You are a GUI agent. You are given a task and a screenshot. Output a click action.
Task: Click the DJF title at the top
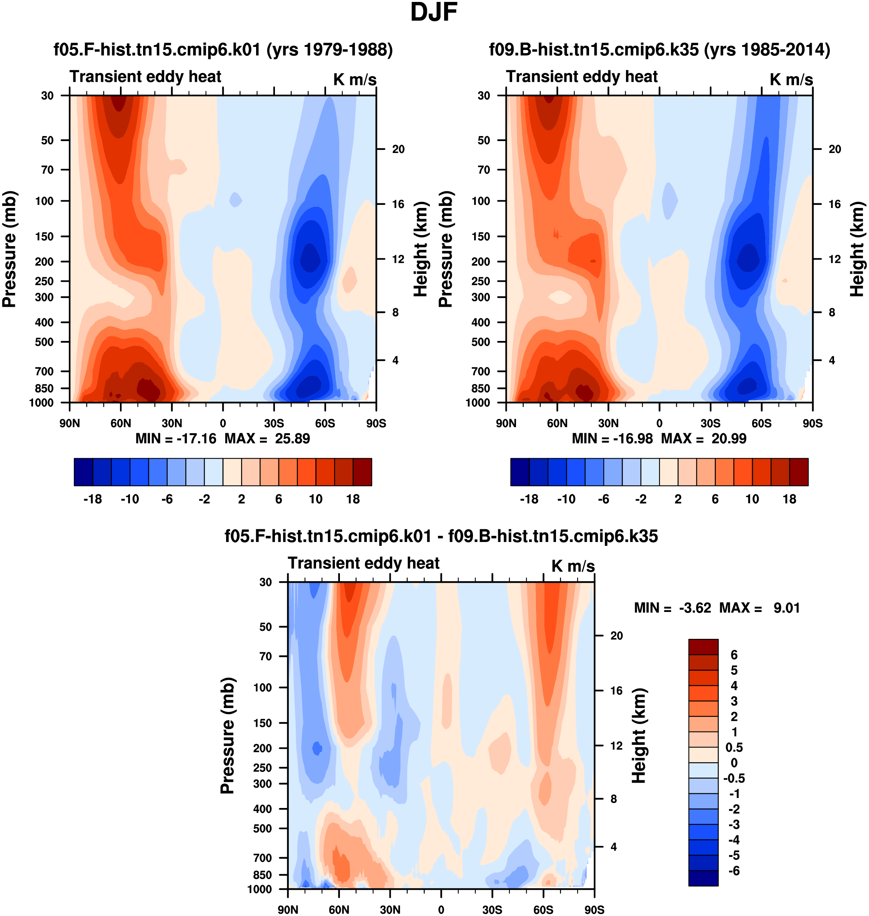click(434, 13)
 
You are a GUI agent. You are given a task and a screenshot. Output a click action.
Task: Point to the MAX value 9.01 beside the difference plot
click(787, 608)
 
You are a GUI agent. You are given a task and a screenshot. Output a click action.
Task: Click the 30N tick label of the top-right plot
click(608, 423)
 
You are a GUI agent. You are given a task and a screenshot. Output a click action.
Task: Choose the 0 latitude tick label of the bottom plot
click(441, 909)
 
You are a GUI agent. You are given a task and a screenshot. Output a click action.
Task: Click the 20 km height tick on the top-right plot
click(835, 149)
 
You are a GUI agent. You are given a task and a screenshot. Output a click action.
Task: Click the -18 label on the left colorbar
click(93, 499)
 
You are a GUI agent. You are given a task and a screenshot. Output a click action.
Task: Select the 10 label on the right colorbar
click(752, 499)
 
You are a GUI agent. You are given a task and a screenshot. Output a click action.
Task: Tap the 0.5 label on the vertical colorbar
click(734, 747)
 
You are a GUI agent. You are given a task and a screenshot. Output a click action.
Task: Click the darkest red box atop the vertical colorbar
click(703, 647)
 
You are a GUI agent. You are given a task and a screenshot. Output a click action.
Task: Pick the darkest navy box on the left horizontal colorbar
click(83, 472)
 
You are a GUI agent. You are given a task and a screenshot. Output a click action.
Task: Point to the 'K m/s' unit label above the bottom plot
click(573, 566)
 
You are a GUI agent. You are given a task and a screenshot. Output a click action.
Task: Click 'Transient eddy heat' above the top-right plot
click(582, 76)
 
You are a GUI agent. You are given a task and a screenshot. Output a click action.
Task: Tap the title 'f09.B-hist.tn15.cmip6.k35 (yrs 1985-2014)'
click(659, 50)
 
